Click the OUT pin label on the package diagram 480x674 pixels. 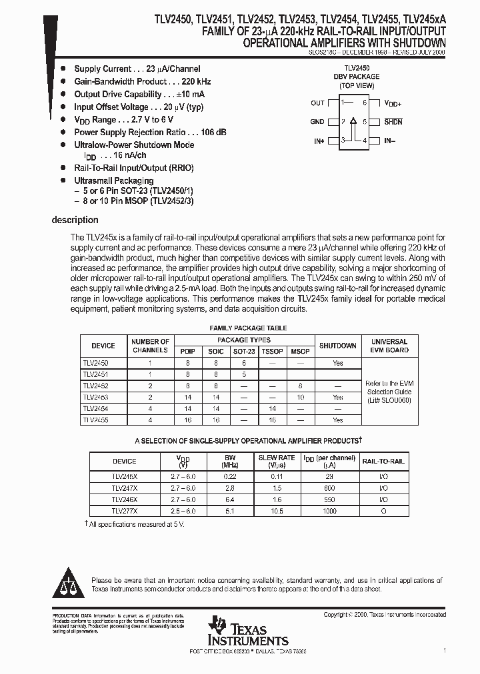317,103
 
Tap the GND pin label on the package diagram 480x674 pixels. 317,122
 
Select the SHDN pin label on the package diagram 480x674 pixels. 393,122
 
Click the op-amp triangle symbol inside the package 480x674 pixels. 353,122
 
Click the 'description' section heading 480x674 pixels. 75,220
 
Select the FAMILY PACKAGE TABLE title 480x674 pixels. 248,328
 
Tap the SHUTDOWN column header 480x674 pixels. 337,346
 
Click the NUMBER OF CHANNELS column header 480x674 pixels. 150,346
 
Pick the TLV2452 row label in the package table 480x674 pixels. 95,386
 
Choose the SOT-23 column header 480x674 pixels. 243,351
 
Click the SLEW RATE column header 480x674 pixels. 277,461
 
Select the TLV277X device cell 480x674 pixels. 124,511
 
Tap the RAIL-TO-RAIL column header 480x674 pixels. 383,461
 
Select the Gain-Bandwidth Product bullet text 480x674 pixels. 119,81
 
